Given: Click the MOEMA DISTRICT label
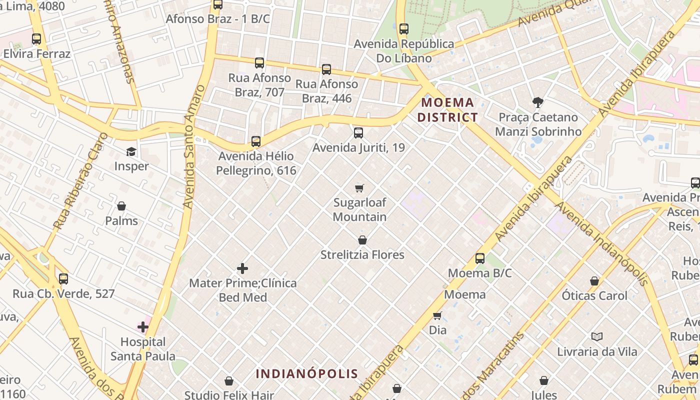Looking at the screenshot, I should click(447, 110).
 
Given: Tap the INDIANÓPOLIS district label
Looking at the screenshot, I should click(307, 373).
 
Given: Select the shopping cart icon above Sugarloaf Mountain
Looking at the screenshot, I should click(359, 188).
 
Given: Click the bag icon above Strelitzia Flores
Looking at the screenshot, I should click(362, 240).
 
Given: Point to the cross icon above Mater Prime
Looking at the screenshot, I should click(242, 268).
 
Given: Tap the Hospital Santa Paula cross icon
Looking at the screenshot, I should click(143, 327).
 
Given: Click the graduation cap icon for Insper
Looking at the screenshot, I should click(131, 151).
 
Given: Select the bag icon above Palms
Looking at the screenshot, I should click(121, 206).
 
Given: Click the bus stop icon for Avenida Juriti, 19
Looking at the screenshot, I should click(358, 133).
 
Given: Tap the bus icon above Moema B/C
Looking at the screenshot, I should click(480, 258).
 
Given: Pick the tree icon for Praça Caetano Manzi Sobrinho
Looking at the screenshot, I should click(538, 102).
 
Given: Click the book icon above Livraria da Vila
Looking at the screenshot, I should click(596, 336).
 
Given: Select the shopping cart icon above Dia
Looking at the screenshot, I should click(437, 315).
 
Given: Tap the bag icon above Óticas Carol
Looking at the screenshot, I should click(594, 281).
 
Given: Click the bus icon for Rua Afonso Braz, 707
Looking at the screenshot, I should click(259, 63).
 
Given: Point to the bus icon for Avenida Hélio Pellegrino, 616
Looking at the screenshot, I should click(256, 141).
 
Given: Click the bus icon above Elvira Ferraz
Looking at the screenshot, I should click(36, 39).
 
